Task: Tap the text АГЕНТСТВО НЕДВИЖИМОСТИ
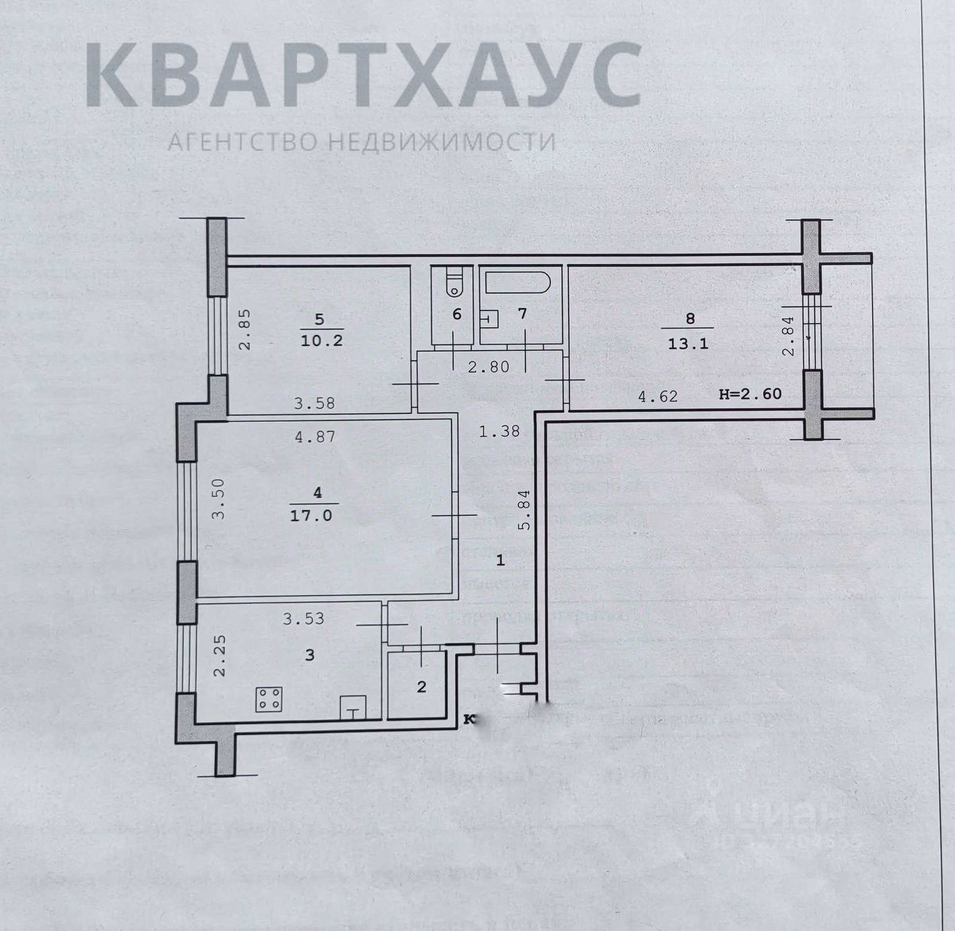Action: click(362, 142)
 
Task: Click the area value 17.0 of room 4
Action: click(317, 515)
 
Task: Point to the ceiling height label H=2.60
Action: click(749, 393)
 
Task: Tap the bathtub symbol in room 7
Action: click(516, 283)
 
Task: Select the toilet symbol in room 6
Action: click(454, 282)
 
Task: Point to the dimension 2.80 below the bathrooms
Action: click(488, 367)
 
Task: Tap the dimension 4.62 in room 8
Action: click(658, 395)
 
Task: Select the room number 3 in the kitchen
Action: click(310, 655)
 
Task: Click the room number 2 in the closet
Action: click(422, 686)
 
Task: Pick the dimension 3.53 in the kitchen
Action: click(304, 617)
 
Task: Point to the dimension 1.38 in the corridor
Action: click(499, 431)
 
